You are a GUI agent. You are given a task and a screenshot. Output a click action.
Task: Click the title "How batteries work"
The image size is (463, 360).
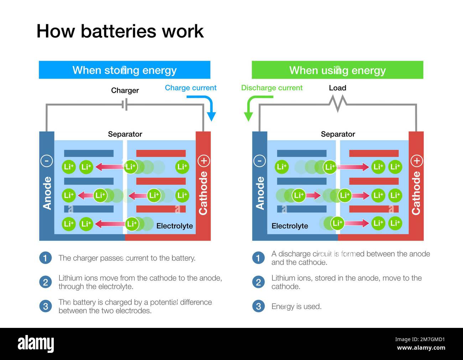[120, 31]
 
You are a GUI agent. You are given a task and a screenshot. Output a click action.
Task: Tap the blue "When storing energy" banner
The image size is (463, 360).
[124, 70]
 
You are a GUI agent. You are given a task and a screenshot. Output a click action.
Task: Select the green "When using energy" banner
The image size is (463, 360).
[337, 70]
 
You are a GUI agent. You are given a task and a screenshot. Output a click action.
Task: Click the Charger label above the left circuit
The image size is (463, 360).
[125, 90]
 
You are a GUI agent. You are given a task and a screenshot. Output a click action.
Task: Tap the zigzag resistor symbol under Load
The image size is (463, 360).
[337, 103]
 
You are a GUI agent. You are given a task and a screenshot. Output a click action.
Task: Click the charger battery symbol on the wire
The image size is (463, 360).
[125, 105]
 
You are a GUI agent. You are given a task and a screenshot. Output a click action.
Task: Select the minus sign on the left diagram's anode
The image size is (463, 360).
[47, 161]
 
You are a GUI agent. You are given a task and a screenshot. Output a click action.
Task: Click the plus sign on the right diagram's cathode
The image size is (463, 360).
[416, 161]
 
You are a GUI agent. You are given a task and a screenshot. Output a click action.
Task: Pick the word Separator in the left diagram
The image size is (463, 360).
[125, 134]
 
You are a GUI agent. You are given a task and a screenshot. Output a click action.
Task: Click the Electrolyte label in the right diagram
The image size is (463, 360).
[290, 226]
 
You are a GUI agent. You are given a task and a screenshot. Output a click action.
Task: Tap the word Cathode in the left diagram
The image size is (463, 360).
[203, 193]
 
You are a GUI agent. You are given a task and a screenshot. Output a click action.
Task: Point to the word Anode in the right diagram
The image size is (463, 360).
[260, 193]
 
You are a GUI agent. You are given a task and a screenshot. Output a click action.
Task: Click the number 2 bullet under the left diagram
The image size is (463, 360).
[45, 282]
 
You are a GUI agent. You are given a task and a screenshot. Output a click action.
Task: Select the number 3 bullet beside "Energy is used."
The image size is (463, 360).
[258, 306]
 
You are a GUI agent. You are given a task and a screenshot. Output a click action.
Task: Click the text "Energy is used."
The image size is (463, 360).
[296, 306]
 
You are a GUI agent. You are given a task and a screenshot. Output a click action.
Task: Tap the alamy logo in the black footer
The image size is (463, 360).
[36, 344]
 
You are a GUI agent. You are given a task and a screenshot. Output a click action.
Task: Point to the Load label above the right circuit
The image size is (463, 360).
[337, 88]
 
